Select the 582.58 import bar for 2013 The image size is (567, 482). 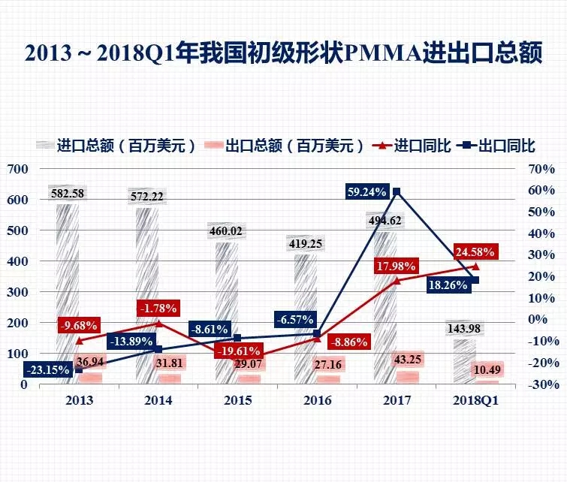tap(68, 293)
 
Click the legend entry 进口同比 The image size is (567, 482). tap(410, 146)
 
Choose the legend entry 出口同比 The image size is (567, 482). tap(493, 146)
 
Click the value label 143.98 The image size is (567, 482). tap(466, 328)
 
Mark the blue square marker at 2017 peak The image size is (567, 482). tap(397, 191)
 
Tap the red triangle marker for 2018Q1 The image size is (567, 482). tap(476, 266)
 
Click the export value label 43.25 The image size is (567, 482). tap(407, 360)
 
